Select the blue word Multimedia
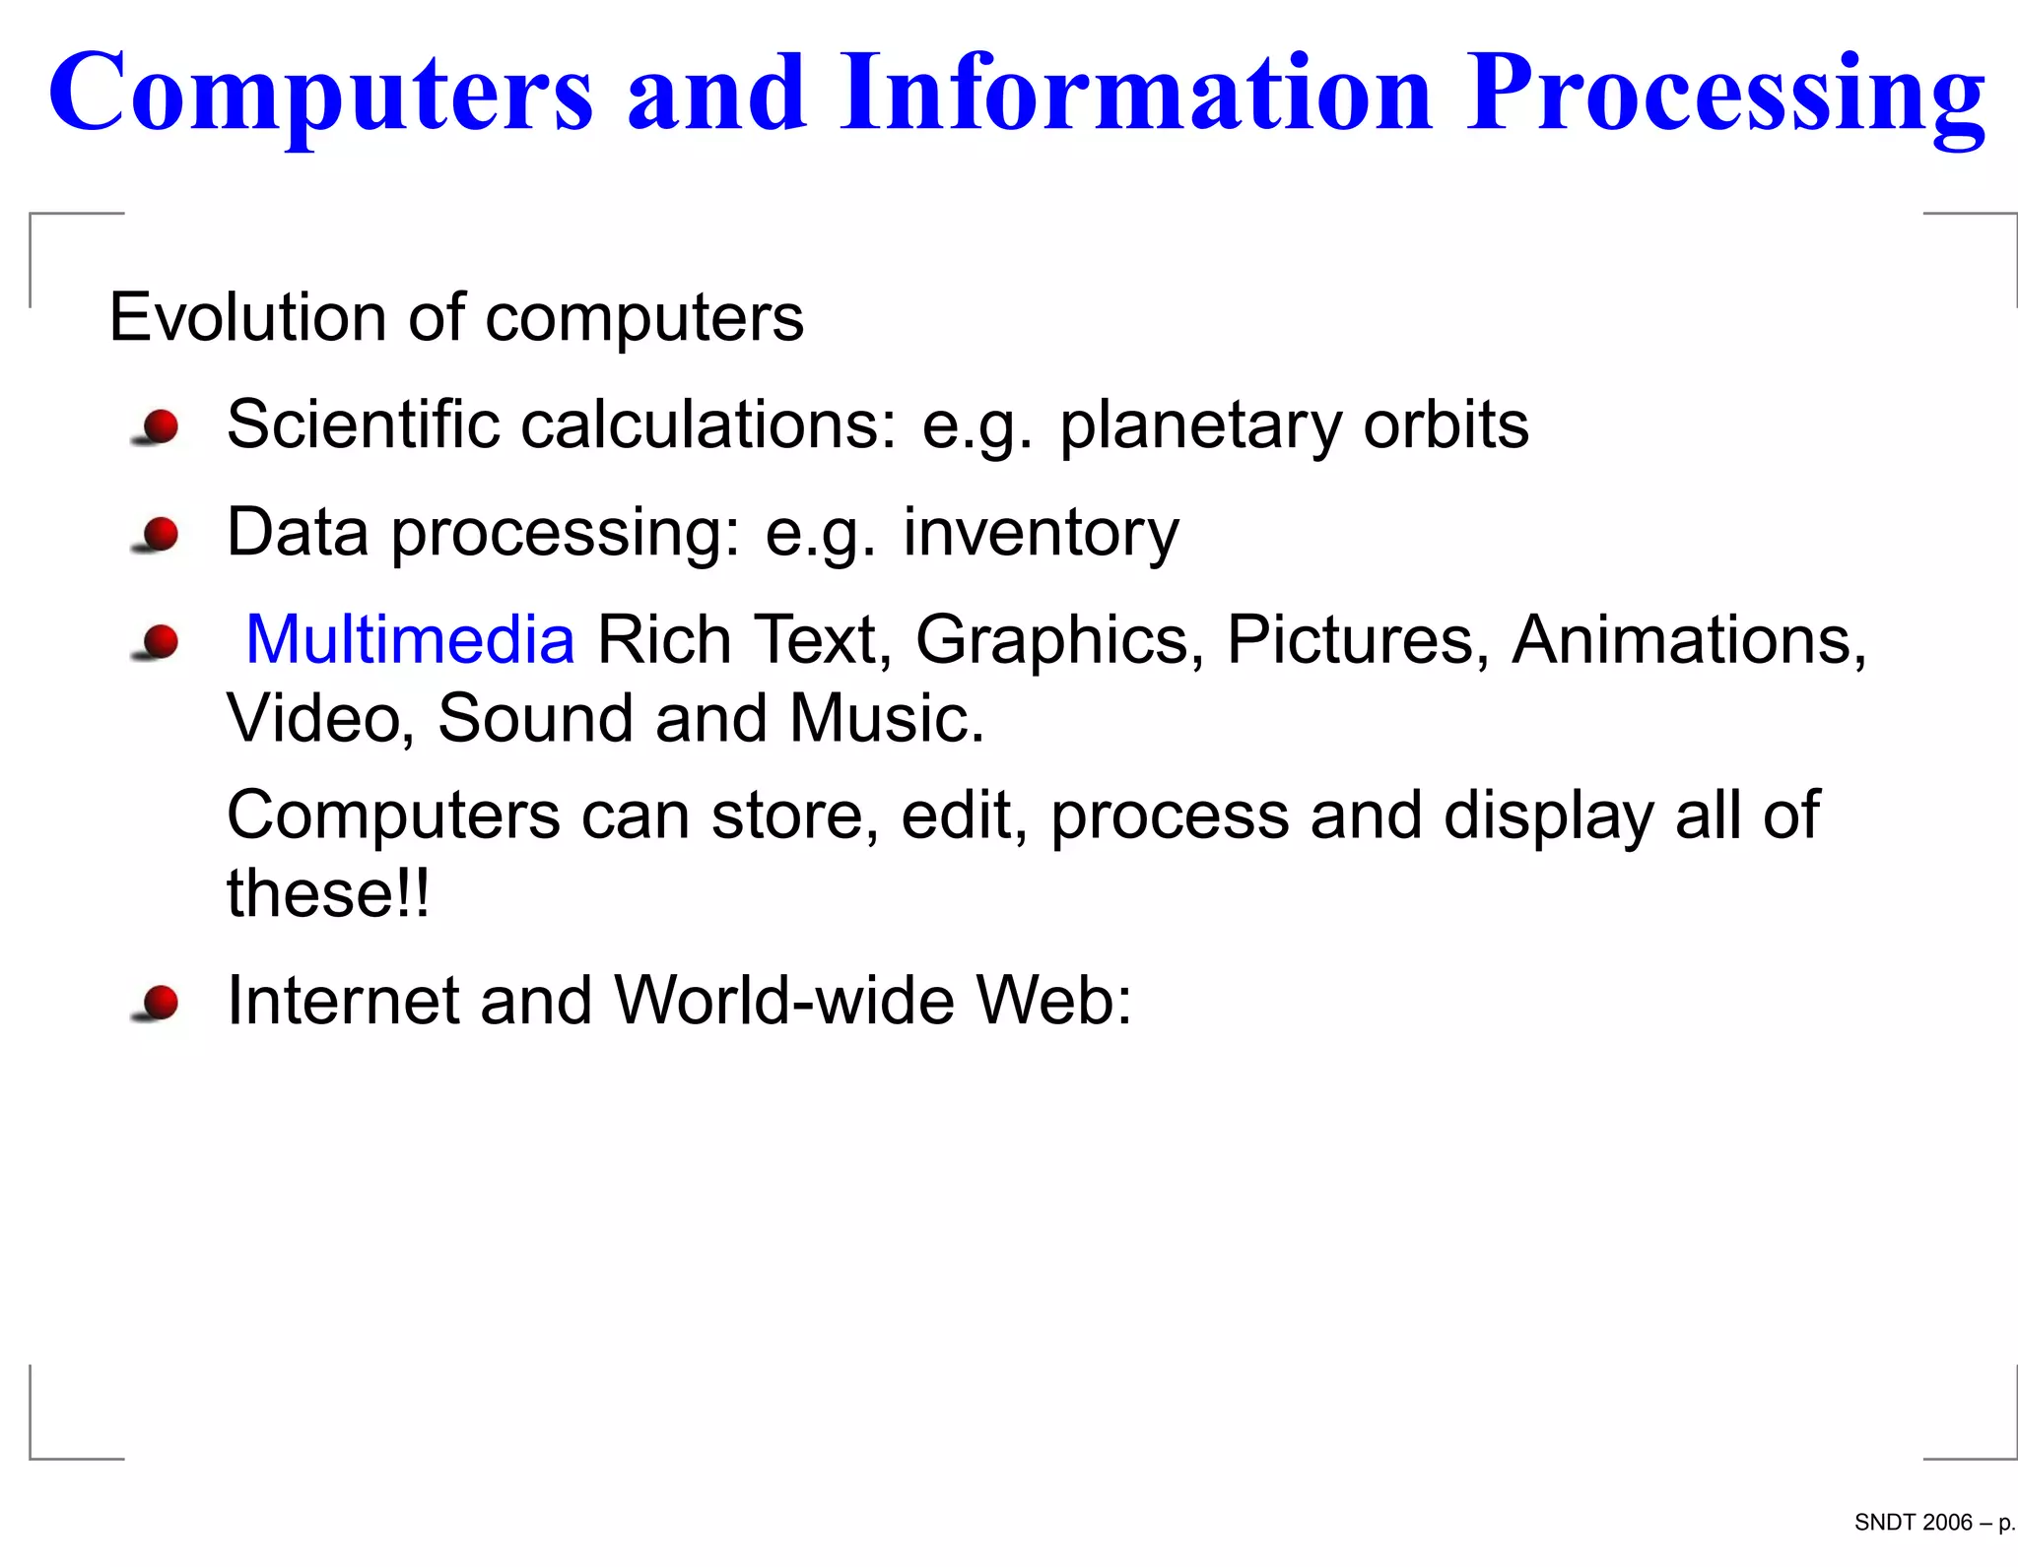click(x=410, y=639)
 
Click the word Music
click(x=886, y=718)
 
